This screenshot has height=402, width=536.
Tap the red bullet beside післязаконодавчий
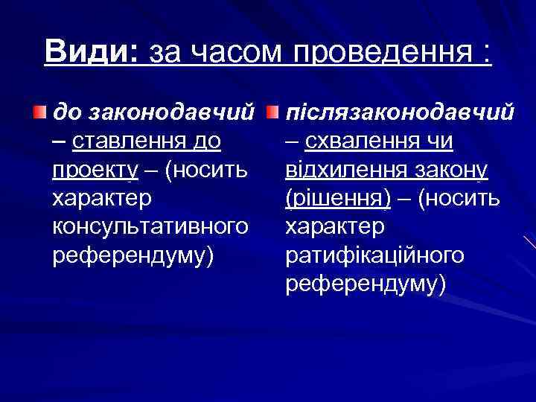[x=275, y=112]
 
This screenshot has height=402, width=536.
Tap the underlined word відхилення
[x=344, y=170]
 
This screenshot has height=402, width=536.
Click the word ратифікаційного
[x=375, y=255]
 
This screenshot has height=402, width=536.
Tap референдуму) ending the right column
[x=366, y=283]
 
